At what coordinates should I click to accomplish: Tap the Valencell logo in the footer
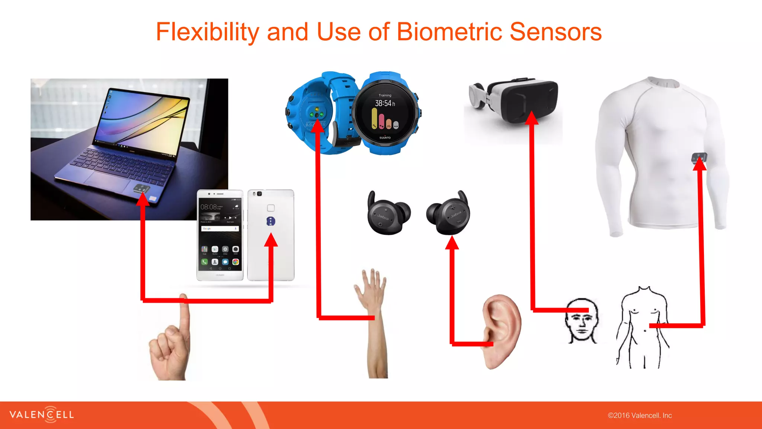point(42,414)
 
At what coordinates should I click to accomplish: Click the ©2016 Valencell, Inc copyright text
point(640,415)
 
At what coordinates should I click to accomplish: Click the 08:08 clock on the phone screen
point(208,207)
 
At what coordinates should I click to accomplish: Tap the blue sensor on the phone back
point(270,221)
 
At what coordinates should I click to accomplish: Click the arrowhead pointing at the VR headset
point(532,118)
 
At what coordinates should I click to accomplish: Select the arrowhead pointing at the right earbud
point(452,243)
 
